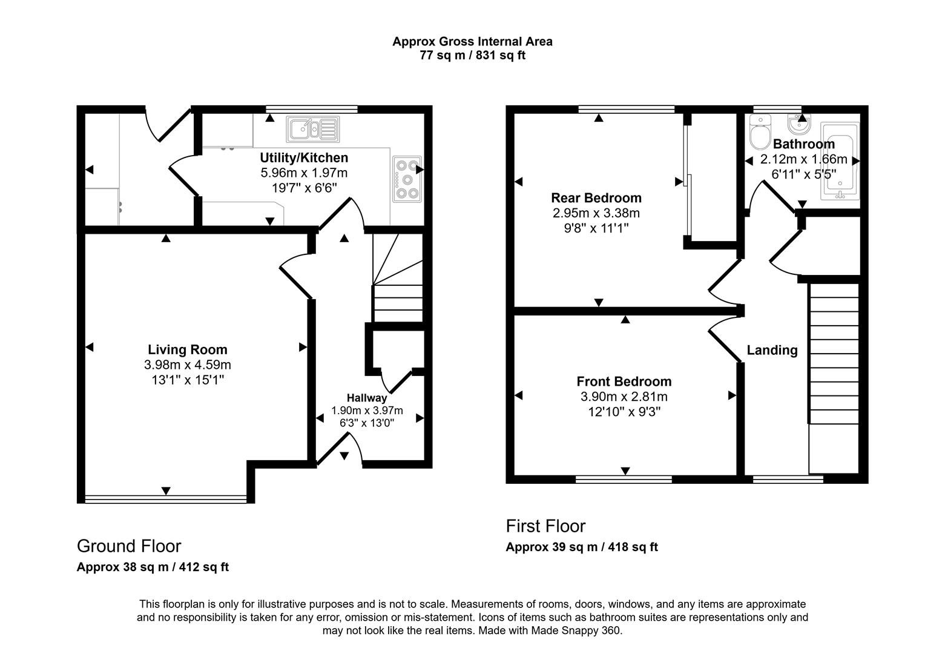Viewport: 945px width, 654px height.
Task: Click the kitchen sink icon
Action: tap(312, 128)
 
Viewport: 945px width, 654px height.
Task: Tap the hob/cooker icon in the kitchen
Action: tap(406, 179)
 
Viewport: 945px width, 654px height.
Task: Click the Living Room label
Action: tap(188, 349)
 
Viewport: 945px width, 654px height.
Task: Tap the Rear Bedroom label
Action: tap(596, 198)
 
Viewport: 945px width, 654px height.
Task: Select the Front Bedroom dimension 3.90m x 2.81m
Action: tap(624, 397)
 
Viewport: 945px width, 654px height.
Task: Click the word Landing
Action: tap(772, 350)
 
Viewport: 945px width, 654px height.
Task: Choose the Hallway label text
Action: tap(366, 398)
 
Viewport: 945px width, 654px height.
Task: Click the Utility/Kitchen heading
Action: tap(304, 158)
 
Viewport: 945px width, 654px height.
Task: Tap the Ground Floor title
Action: tap(129, 546)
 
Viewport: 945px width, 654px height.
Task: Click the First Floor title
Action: tap(545, 526)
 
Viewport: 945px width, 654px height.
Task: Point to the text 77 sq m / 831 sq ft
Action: tap(472, 56)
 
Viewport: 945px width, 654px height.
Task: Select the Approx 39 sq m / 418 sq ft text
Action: tap(582, 547)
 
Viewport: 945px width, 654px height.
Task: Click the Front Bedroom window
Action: tap(624, 480)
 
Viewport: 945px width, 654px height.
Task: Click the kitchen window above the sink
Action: tap(312, 109)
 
